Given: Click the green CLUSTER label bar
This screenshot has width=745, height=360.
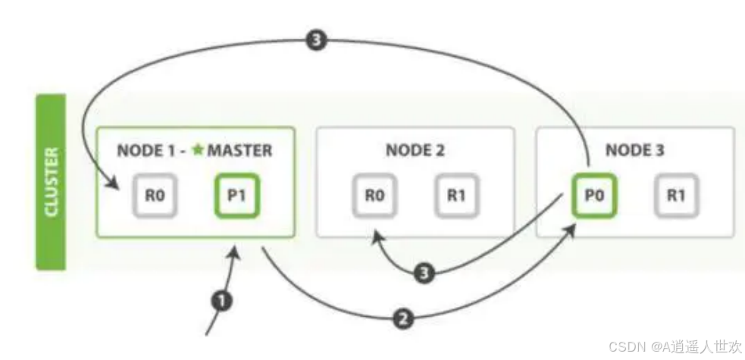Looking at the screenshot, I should click(52, 182).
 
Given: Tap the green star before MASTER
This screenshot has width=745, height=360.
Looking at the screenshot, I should click(198, 150).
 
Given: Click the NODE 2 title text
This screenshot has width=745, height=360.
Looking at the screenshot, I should click(415, 150).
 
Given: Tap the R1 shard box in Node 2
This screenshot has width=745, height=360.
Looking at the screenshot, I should click(456, 196).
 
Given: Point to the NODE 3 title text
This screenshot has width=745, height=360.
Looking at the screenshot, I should click(634, 150).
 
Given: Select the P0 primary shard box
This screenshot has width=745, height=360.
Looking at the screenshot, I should click(593, 196).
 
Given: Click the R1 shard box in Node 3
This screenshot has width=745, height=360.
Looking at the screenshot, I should click(676, 196).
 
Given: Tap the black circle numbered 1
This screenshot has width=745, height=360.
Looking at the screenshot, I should click(222, 301).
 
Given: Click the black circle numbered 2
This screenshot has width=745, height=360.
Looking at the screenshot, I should click(404, 318).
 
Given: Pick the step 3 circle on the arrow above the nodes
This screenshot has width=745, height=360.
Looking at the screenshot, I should click(316, 40).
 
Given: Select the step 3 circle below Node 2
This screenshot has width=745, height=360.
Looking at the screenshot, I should click(427, 273).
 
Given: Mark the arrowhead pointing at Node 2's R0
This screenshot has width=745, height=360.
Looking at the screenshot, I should click(375, 236).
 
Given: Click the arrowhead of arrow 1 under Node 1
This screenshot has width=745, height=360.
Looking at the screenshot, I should click(239, 250).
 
